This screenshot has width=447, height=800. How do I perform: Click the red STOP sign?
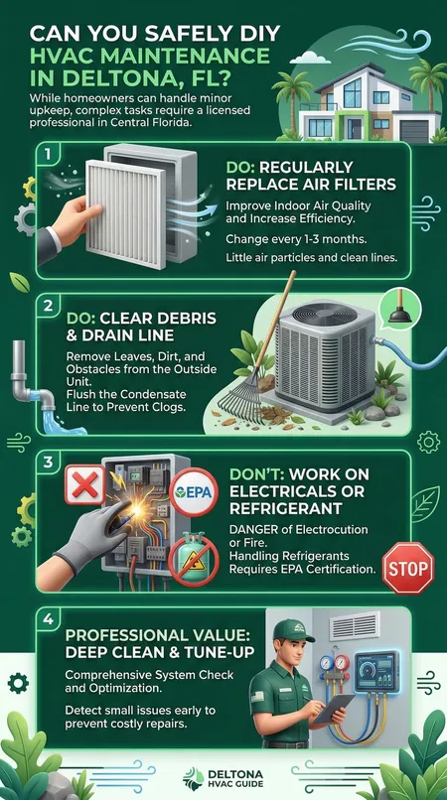(408, 568)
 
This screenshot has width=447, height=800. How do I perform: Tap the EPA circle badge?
(194, 493)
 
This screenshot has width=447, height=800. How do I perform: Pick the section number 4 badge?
(48, 621)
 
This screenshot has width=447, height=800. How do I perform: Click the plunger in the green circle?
(400, 310)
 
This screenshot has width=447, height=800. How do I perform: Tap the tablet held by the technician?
(333, 708)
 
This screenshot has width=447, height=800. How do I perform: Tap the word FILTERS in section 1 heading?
(364, 185)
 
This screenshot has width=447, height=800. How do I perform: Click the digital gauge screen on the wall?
(376, 671)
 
